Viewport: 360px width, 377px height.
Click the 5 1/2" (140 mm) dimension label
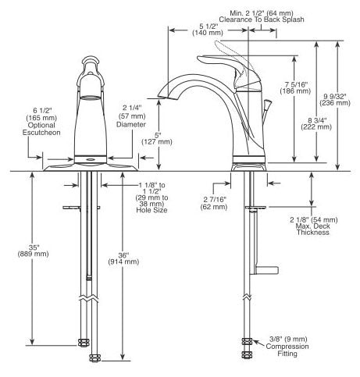(x=208, y=30)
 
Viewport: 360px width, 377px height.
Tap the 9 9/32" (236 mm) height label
(x=335, y=100)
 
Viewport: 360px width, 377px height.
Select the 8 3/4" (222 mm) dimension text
(x=316, y=123)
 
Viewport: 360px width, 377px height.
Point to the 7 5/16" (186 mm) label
(x=295, y=87)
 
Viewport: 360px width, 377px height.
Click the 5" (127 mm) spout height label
(x=157, y=139)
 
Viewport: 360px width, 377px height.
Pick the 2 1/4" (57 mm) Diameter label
(x=131, y=116)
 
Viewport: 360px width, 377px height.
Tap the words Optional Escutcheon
(x=41, y=129)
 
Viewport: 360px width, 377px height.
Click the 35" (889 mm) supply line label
(x=33, y=251)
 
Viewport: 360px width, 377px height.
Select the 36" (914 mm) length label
(x=123, y=258)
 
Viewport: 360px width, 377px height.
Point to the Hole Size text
(x=151, y=210)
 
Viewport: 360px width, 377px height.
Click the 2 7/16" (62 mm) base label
(x=214, y=203)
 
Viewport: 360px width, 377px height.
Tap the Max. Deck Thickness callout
(x=313, y=229)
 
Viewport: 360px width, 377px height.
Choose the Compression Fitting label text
(x=287, y=350)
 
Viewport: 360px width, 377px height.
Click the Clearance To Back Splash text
(x=262, y=20)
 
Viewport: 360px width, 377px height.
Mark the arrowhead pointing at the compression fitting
(x=255, y=341)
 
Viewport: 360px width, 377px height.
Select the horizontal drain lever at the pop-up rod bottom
(x=266, y=270)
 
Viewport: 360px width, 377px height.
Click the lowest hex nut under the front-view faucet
(x=94, y=358)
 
